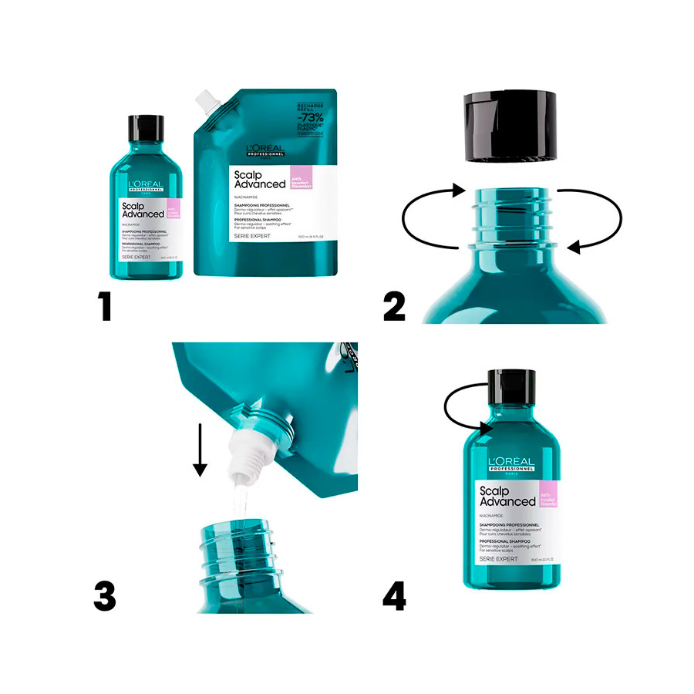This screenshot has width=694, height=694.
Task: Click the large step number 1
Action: pos(105,306)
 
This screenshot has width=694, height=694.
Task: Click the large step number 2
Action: pos(394,306)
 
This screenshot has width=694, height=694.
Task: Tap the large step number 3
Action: pos(105,595)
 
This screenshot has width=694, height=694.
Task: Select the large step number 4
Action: pos(394,595)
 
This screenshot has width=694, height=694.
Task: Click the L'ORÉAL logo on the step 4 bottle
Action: pos(511,461)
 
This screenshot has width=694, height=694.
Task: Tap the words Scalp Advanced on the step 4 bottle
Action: pos(507,496)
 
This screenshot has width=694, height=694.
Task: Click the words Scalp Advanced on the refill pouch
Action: pos(260,180)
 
